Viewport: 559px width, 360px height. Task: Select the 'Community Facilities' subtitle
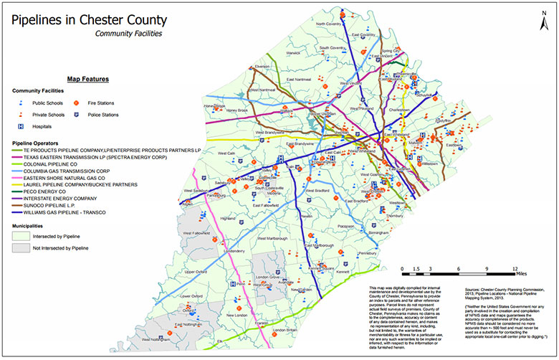click(128, 33)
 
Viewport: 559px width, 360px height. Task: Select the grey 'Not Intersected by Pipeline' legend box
click(22, 247)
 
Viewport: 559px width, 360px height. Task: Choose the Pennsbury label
click(368, 254)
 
